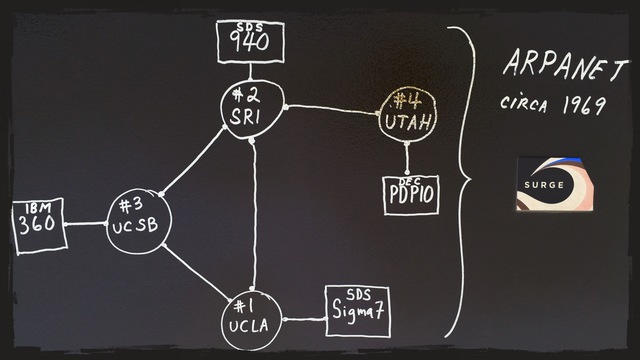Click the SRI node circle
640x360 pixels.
pyautogui.click(x=252, y=107)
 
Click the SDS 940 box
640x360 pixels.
pyautogui.click(x=250, y=40)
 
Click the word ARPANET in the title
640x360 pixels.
pyautogui.click(x=566, y=69)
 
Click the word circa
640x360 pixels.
pyautogui.click(x=526, y=104)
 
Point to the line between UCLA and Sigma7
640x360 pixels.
pyautogui.click(x=304, y=320)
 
